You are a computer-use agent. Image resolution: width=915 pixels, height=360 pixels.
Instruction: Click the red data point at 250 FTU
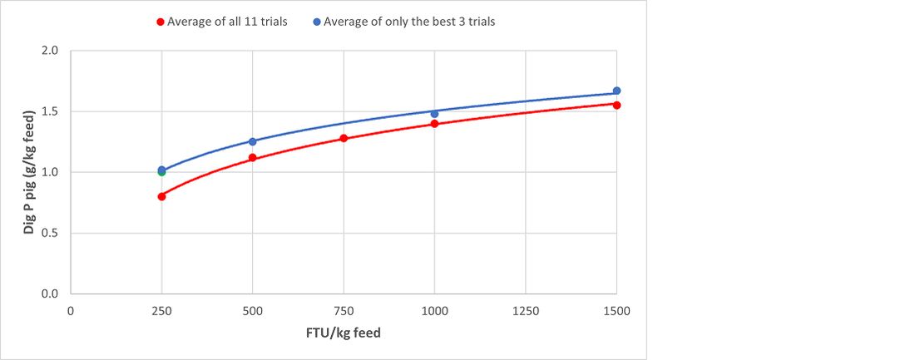pos(161,196)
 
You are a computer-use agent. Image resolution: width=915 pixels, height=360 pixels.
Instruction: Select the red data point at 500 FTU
pos(252,158)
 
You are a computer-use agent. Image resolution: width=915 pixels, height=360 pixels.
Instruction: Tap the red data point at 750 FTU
pos(344,138)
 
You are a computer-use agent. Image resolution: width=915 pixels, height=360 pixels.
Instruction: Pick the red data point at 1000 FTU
pos(434,124)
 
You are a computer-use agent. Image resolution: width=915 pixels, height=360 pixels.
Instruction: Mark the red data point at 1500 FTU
pos(616,105)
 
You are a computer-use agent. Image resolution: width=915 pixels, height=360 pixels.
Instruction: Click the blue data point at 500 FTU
pos(252,141)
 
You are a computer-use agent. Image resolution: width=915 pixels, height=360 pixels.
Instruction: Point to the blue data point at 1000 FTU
pos(434,114)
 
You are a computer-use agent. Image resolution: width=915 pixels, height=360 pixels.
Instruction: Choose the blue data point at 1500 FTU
pos(616,91)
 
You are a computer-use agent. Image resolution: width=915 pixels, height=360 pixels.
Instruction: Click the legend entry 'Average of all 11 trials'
pos(227,22)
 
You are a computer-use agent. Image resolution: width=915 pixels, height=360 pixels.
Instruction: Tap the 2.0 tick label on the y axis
pos(50,51)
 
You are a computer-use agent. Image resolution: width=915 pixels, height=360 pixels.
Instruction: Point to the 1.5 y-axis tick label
pos(50,111)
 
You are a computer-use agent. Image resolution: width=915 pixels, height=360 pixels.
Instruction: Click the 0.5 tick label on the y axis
pos(50,233)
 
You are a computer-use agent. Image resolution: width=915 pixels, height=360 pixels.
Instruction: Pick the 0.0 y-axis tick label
pos(50,293)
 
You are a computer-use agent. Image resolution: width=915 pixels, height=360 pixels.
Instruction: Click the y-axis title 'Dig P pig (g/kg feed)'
pos(28,172)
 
